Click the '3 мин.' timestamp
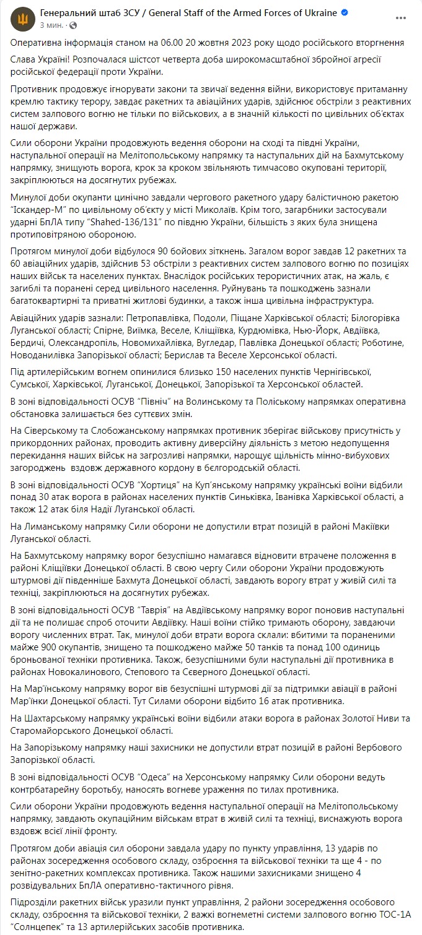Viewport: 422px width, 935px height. pos(51,25)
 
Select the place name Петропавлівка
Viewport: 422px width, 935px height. pos(121,318)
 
